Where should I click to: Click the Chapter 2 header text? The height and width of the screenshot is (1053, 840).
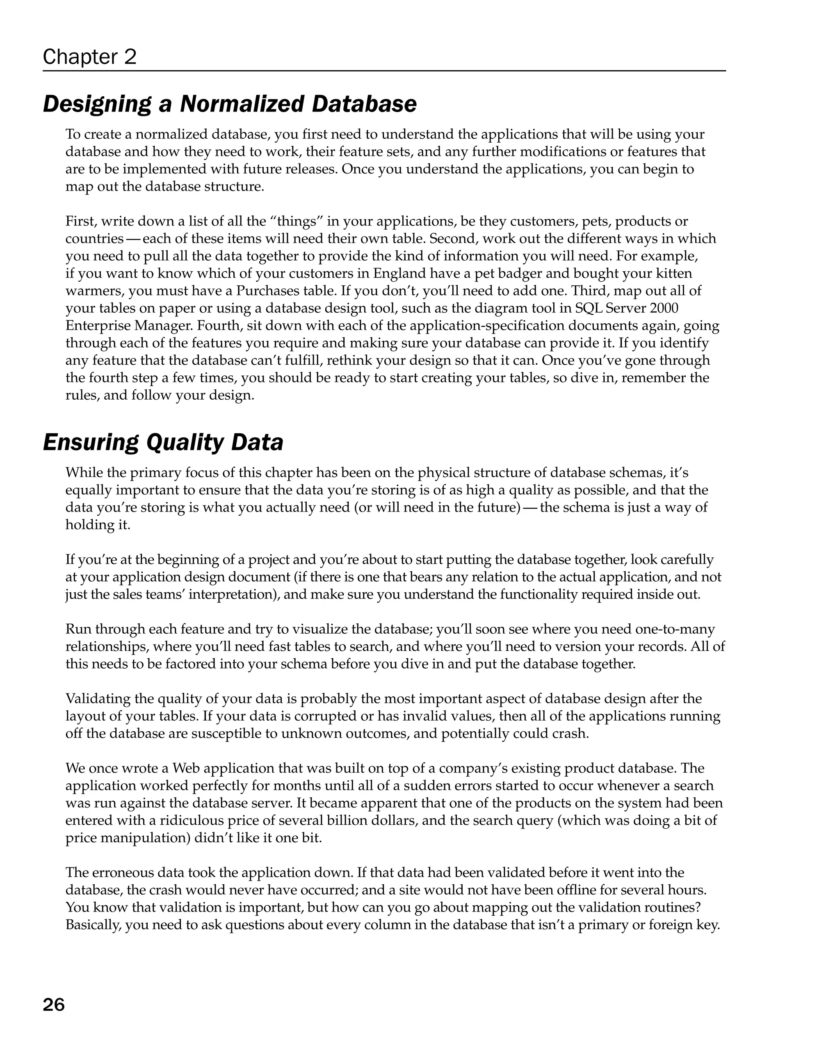tap(89, 57)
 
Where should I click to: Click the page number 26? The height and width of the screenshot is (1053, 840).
tap(54, 1005)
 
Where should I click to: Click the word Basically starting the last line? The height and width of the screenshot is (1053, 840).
tap(94, 925)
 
